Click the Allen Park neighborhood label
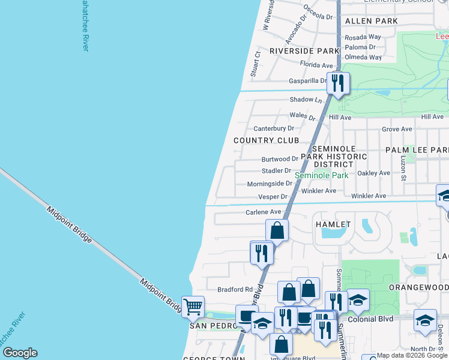[x=372, y=21]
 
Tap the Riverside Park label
[x=304, y=51]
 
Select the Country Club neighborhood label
[x=266, y=140]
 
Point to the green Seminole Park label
[x=321, y=176]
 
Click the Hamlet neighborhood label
[x=333, y=224]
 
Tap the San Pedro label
[x=211, y=326]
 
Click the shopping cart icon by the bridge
[x=193, y=307]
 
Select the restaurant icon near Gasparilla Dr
[x=338, y=83]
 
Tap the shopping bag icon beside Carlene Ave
[x=277, y=230]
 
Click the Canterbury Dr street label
[x=274, y=128]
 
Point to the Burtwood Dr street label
[x=280, y=159]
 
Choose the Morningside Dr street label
[x=270, y=184]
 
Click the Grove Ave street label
[x=397, y=129]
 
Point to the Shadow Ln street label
[x=302, y=100]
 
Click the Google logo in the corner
[x=20, y=353]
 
